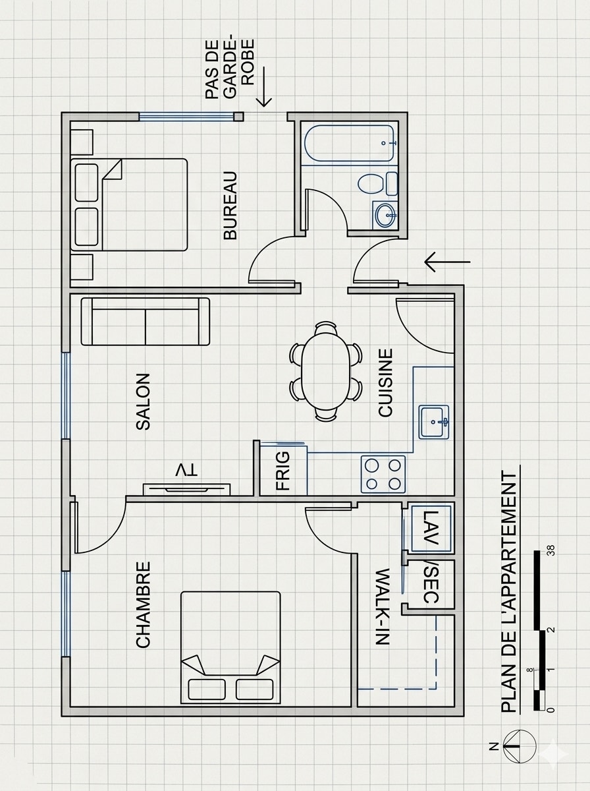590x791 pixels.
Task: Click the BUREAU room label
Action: point(230,205)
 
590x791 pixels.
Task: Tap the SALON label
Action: point(143,401)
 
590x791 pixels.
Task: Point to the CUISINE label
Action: point(385,382)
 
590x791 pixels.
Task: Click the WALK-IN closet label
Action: point(382,606)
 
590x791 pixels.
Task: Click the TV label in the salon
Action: point(186,471)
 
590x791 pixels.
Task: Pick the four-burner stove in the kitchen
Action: point(383,474)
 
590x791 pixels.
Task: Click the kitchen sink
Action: point(434,422)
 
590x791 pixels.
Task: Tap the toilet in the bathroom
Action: point(377,183)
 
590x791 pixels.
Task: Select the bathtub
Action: point(350,143)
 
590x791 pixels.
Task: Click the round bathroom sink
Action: point(385,215)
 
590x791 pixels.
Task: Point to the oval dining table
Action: point(326,371)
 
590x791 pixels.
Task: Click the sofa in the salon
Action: point(146,322)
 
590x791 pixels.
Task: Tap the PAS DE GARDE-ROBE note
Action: point(230,69)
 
